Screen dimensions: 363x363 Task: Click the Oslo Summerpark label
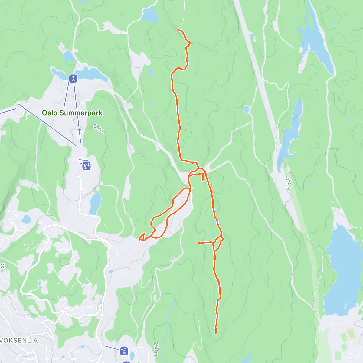72,113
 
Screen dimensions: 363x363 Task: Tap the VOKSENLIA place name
19,340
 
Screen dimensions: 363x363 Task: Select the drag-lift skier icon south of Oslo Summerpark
87,166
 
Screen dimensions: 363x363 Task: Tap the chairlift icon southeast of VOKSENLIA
124,351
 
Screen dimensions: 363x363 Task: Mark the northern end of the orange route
179,30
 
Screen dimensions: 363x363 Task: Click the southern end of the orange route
216,333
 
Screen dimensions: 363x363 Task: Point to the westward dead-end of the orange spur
199,243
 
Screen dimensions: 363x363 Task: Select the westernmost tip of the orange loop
140,240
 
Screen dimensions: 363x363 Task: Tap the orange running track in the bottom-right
351,333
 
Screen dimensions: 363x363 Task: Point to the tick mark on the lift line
79,130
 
